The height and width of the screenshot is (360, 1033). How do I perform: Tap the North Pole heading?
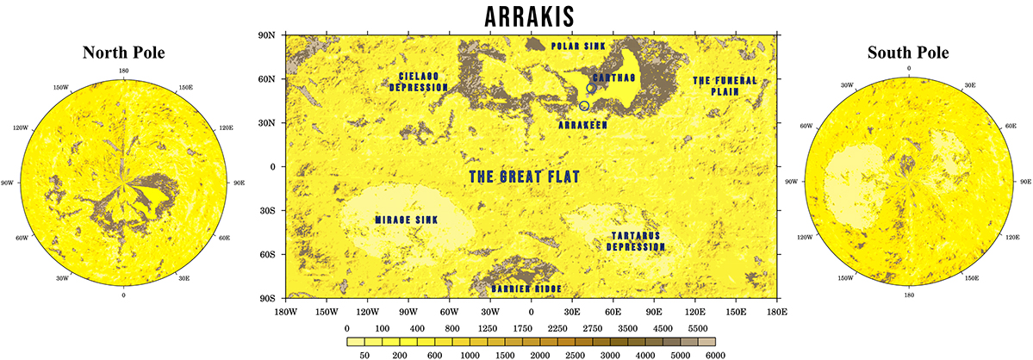pyautogui.click(x=123, y=53)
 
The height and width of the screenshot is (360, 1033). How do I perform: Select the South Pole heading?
pyautogui.click(x=908, y=53)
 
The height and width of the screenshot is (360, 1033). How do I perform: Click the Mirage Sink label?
pyautogui.click(x=407, y=220)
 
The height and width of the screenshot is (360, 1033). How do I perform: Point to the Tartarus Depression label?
pyautogui.click(x=637, y=241)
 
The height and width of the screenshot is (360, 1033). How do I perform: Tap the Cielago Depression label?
pyautogui.click(x=419, y=82)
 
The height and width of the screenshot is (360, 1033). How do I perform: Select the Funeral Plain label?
pyautogui.click(x=725, y=86)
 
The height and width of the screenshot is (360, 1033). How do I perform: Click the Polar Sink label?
pyautogui.click(x=579, y=46)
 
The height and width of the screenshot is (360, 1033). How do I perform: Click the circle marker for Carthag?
pyautogui.click(x=591, y=89)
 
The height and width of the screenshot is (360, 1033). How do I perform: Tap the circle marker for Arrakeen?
pyautogui.click(x=585, y=106)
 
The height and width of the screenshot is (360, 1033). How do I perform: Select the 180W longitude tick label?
pyautogui.click(x=285, y=311)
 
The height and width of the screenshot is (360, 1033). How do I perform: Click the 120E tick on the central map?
pyautogui.click(x=695, y=311)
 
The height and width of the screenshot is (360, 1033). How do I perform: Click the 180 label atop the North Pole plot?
pyautogui.click(x=123, y=71)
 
